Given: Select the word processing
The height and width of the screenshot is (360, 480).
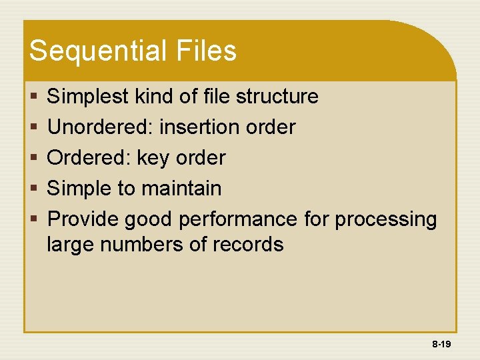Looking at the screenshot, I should [x=386, y=219].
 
